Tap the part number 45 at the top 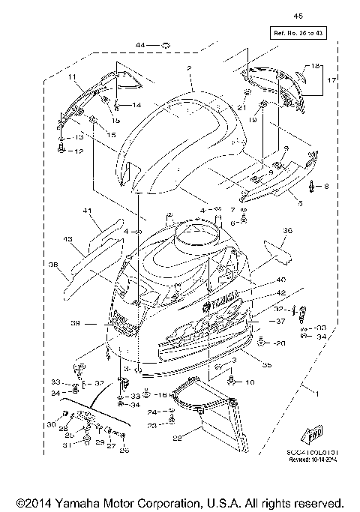(x=298, y=16)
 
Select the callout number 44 (x=140, y=46)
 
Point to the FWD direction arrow (x=313, y=434)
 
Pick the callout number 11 (x=73, y=77)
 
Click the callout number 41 (x=88, y=212)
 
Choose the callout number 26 (x=124, y=450)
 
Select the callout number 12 (x=80, y=151)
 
